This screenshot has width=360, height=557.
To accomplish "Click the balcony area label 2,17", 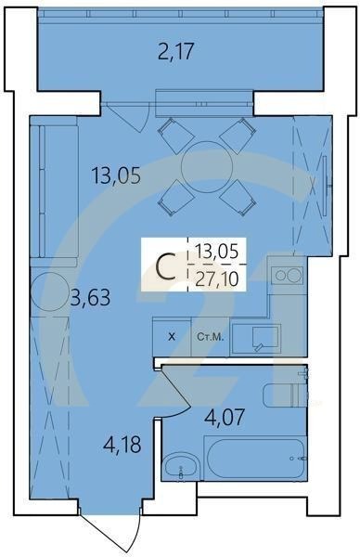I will tap(176, 52).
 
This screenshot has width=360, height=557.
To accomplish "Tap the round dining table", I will tap(205, 167).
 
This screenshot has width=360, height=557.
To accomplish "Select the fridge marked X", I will tap(170, 336).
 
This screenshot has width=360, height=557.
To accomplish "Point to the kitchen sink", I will tap(259, 337).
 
